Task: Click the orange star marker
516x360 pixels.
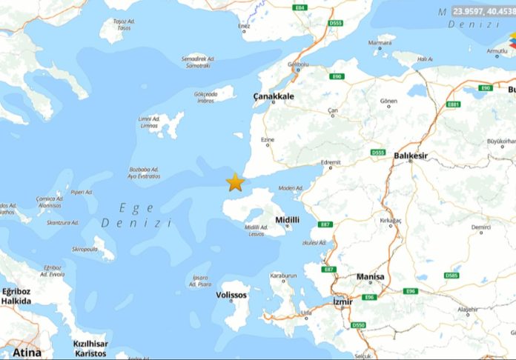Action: coord(235,182)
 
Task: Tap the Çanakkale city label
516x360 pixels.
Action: coord(274,96)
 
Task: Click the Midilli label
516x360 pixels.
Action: coord(287,220)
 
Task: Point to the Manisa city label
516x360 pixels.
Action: coord(371,277)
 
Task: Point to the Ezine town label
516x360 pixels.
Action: coord(268,140)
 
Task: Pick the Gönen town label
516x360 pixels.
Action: coord(388,100)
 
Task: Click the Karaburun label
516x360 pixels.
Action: coord(283,276)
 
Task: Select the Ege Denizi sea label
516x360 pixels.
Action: coord(136,216)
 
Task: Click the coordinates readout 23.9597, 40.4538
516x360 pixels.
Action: coord(484,12)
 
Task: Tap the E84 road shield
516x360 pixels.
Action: coord(300,7)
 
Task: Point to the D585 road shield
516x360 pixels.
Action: coord(451,276)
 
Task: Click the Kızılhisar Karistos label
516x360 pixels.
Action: coord(91,348)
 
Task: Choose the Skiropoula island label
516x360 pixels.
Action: coord(85,250)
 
